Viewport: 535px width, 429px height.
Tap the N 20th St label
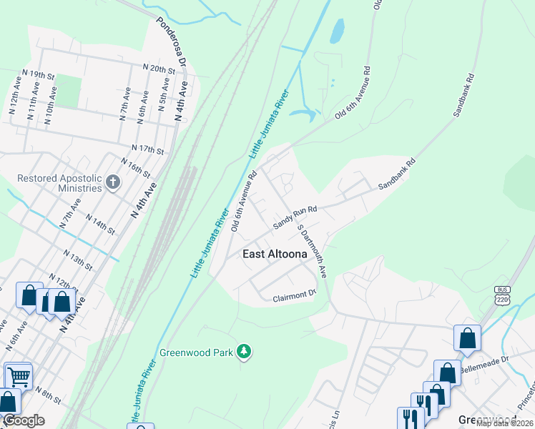click(x=159, y=69)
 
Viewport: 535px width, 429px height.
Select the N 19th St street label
click(x=39, y=74)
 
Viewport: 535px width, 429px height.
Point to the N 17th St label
click(x=147, y=150)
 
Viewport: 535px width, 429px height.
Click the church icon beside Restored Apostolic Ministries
click(x=112, y=183)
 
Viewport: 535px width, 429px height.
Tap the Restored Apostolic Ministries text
click(x=60, y=183)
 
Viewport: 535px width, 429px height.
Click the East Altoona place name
click(x=275, y=254)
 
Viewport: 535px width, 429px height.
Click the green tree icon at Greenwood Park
click(x=245, y=351)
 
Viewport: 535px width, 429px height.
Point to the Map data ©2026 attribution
click(x=504, y=423)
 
